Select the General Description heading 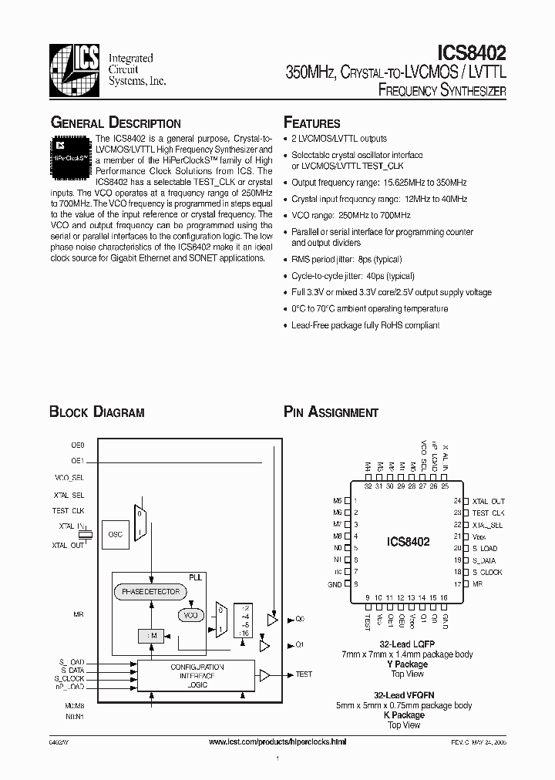pos(116,123)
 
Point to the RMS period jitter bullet pos(346,260)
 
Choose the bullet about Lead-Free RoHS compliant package pos(365,325)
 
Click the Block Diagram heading pos(96,412)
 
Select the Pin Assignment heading pos(331,412)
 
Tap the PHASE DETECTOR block pos(150,592)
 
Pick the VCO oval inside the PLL pos(189,615)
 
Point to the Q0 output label pos(301,619)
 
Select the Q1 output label pos(301,644)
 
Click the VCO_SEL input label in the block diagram pos(69,478)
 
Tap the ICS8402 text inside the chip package pos(408,542)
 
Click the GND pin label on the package pos(335,585)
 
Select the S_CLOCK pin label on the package pos(487,572)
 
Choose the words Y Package pos(406,664)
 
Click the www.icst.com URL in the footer pos(277,741)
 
